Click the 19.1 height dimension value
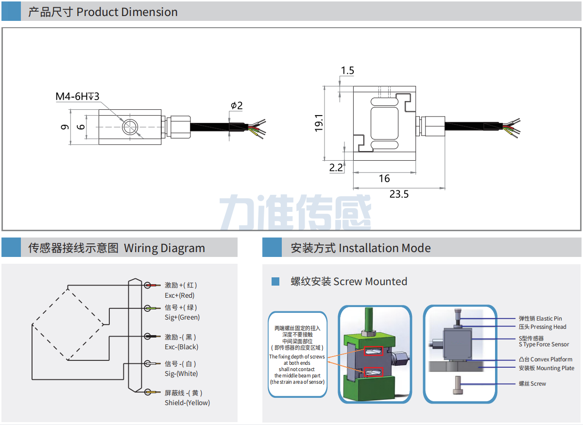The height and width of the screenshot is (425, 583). tap(319, 123)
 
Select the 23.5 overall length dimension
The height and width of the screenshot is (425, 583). tap(399, 194)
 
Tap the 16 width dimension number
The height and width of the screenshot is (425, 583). tap(384, 179)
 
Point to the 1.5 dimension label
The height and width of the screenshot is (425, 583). tap(347, 71)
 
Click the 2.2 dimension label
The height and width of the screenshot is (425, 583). tap(336, 168)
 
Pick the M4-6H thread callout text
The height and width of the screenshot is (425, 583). tap(77, 97)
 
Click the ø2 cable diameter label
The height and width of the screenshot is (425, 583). tap(237, 105)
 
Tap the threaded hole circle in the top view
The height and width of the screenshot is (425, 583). tap(130, 126)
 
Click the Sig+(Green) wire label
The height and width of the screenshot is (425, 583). tap(182, 318)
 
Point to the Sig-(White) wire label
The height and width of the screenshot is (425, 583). tap(181, 374)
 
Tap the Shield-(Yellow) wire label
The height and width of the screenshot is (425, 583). tap(188, 403)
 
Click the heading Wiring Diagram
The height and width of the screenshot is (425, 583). tap(165, 248)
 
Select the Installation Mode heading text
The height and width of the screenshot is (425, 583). tap(384, 248)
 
